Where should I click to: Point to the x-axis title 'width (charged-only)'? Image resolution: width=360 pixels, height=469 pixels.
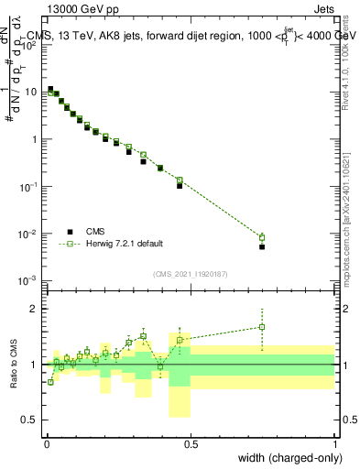coord(284,457)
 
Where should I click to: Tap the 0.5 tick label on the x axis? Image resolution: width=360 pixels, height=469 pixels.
coord(191,444)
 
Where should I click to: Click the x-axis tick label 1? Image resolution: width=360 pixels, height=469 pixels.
coord(334,444)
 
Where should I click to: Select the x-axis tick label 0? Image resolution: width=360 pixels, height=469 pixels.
coord(47,444)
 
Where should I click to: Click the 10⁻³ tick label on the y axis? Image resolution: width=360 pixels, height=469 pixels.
coord(30,280)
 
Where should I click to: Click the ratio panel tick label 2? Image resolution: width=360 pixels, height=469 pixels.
coord(36,309)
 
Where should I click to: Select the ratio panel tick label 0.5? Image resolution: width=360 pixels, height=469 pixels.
coord(32,420)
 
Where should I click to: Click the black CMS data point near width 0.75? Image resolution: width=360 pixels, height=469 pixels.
coord(262,246)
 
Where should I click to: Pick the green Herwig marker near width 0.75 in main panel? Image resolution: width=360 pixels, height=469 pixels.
coord(262,237)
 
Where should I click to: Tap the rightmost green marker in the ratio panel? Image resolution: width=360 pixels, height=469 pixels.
coord(262,327)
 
